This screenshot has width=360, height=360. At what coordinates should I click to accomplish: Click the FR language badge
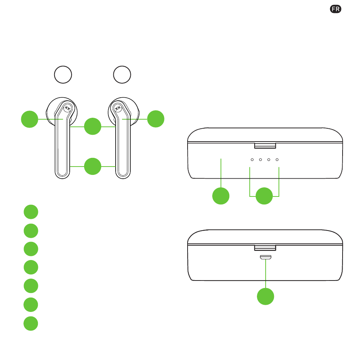click(335, 9)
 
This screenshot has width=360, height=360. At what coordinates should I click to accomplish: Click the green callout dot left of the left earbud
click(30, 119)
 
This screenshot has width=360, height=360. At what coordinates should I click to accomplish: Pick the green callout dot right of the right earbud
click(156, 119)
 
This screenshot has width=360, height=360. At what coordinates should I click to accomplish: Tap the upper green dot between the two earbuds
click(92, 126)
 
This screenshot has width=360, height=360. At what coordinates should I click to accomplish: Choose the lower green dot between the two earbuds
click(92, 166)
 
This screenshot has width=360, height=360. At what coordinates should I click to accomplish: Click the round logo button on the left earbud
click(67, 108)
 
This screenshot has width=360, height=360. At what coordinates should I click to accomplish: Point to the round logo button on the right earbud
click(118, 108)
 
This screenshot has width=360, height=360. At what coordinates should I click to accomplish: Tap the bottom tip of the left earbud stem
click(62, 179)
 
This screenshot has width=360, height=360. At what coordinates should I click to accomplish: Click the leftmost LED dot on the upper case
click(252, 160)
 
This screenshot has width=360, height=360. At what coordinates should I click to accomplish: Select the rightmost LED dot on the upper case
click(277, 160)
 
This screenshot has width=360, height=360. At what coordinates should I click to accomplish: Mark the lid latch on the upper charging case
click(265, 146)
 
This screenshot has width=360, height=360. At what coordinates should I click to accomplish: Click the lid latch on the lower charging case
click(265, 248)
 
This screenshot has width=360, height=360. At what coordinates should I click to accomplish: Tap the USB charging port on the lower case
click(266, 257)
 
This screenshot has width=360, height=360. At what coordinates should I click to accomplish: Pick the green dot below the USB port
click(266, 296)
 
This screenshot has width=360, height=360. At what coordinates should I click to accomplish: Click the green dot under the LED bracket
click(264, 196)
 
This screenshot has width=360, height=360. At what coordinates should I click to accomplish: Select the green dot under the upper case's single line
click(221, 196)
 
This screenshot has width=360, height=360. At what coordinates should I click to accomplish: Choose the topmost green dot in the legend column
click(31, 212)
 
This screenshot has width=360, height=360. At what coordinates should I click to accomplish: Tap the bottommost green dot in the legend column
click(31, 324)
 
